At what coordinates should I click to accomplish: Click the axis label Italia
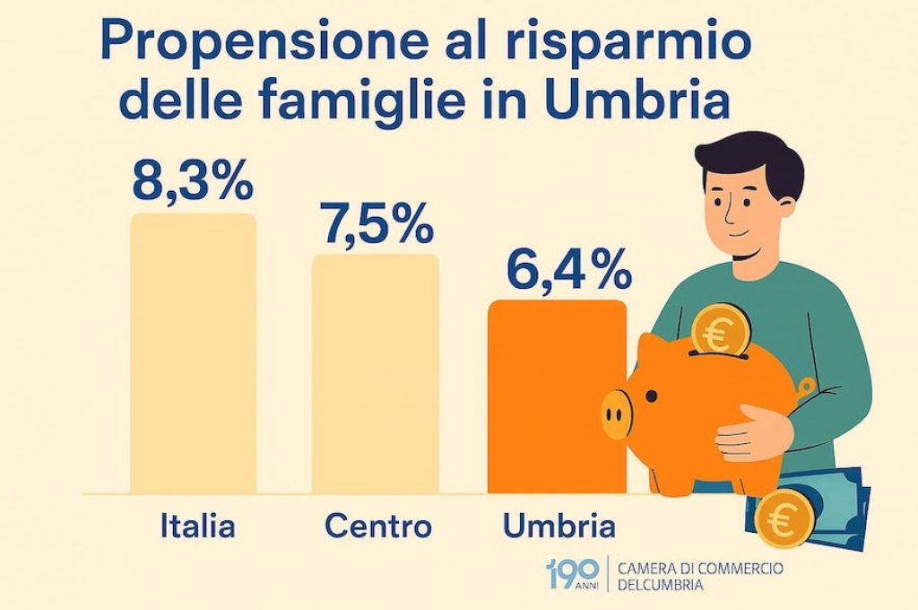[197, 526]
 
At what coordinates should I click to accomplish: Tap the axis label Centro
[377, 526]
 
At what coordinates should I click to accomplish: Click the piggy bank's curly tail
[806, 386]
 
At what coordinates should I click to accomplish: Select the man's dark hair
[749, 161]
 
